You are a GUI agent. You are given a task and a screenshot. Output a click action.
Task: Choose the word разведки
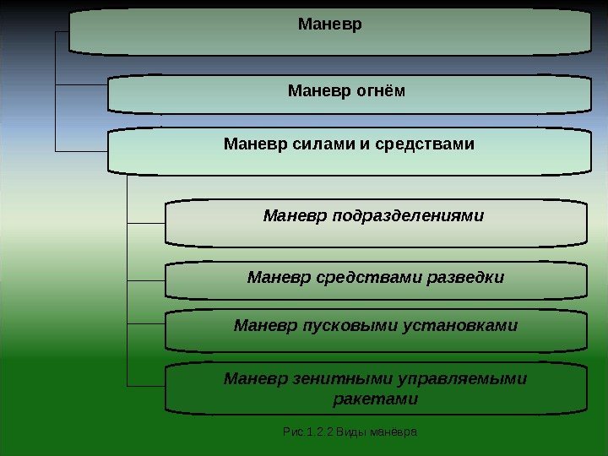[x=468, y=277]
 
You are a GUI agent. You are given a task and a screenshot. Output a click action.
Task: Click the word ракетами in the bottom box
[x=376, y=398]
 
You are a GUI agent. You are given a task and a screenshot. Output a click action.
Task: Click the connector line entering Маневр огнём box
[x=81, y=85]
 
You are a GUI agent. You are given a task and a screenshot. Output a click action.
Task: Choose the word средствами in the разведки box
[x=360, y=277]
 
